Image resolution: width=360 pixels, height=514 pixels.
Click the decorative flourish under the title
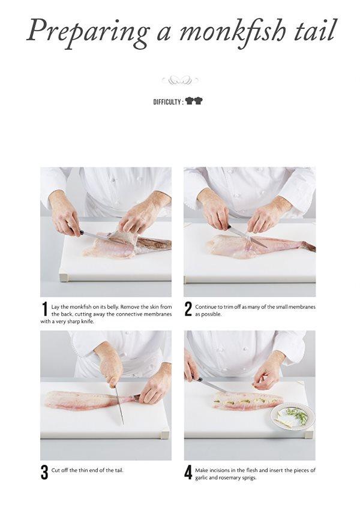tap(179, 80)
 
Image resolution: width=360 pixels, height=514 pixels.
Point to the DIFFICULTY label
tap(167, 102)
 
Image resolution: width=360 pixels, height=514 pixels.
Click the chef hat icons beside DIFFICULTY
tap(194, 101)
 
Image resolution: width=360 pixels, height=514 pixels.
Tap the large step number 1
tap(44, 309)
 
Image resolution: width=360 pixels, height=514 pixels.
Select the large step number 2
tap(188, 309)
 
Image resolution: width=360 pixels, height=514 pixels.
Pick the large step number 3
tap(44, 472)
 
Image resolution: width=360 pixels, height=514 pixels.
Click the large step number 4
tap(188, 472)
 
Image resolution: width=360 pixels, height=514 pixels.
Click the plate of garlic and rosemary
tap(293, 416)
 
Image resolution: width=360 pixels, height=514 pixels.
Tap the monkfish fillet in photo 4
tap(246, 400)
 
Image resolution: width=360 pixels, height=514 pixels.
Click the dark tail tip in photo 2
tap(309, 247)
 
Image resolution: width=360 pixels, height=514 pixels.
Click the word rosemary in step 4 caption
tap(236, 478)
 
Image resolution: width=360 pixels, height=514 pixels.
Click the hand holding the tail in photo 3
tap(154, 387)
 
